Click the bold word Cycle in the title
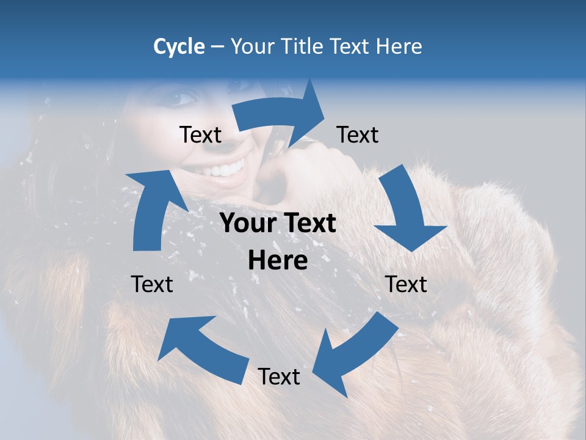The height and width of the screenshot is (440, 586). point(179,46)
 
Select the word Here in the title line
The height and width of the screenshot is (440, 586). point(399,46)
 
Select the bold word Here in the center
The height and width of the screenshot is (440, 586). point(278,261)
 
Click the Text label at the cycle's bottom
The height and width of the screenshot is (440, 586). point(279,377)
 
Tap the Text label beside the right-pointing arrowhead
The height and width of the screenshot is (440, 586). point(358,135)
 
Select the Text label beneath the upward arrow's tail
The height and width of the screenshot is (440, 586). point(152,284)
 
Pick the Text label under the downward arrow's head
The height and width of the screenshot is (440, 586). point(407,284)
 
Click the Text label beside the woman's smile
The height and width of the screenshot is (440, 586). point(200,135)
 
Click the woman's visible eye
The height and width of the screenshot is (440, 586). point(185,98)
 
